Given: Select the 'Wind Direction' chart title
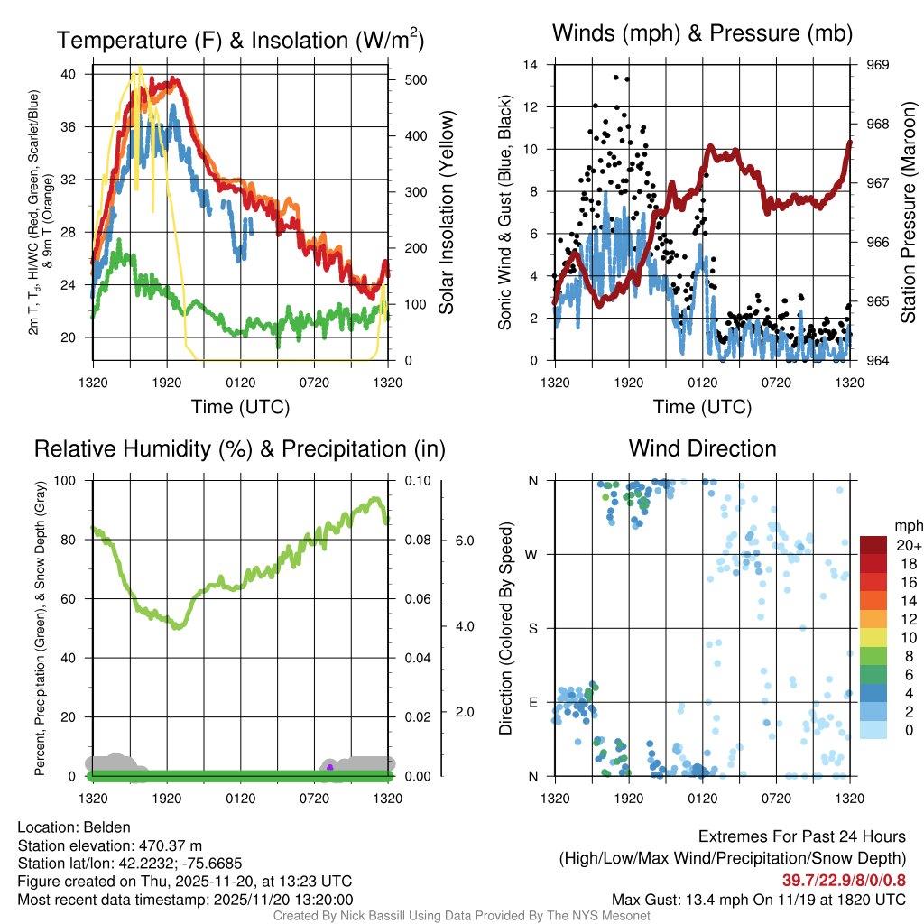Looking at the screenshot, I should click(x=702, y=448).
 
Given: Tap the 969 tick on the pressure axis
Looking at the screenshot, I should click(x=879, y=65).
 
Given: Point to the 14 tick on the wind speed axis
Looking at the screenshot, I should click(x=531, y=65).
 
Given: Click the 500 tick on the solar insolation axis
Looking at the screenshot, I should click(x=415, y=80).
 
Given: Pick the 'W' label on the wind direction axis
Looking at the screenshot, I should click(x=532, y=554).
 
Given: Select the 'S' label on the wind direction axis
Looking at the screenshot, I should click(x=533, y=628).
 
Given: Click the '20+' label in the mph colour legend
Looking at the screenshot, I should click(x=909, y=545).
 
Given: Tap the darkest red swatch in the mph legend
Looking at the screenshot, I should click(x=873, y=545).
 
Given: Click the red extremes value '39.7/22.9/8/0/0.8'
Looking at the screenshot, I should click(x=845, y=880).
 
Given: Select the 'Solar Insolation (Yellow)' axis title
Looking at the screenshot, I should click(x=447, y=213).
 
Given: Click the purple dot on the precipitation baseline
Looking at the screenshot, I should click(x=330, y=768).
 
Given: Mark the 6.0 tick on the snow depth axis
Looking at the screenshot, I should click(x=465, y=541).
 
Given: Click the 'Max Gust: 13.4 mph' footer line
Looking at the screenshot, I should click(x=758, y=899).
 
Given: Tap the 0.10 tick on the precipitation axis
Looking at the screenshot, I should click(x=416, y=480).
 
